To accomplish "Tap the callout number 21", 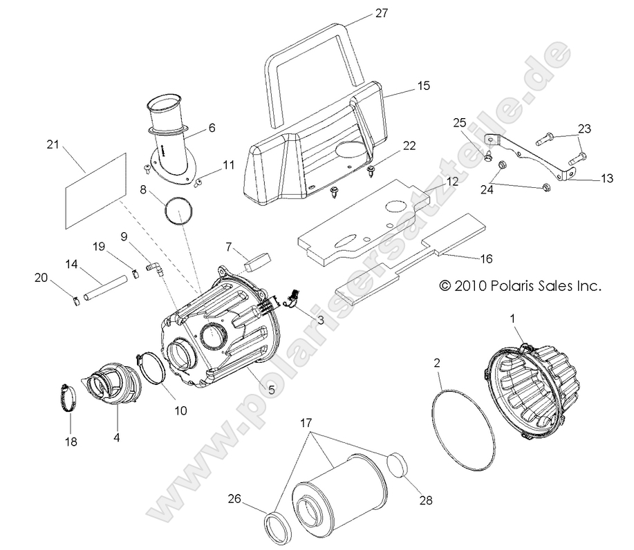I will coord(53,144).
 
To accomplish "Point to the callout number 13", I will coord(606,178).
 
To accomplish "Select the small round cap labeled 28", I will coord(398,465).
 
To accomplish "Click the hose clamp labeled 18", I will coord(71,399).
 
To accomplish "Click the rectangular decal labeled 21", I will coord(95,190).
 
